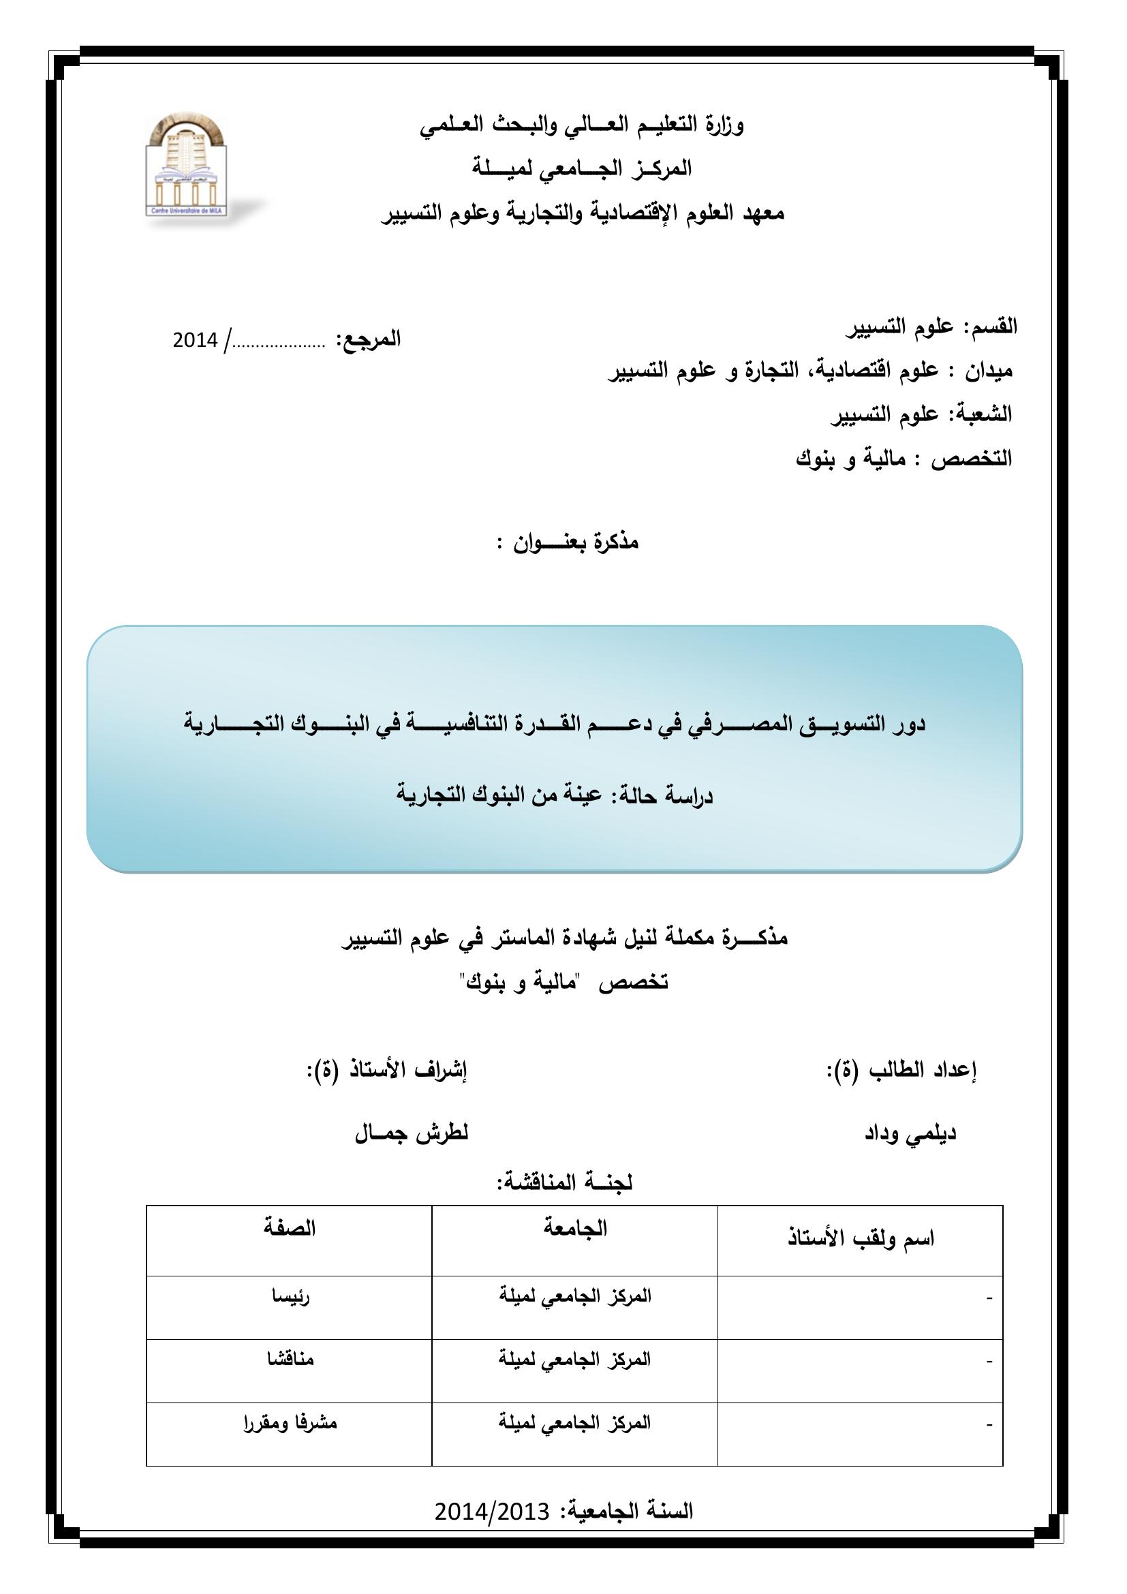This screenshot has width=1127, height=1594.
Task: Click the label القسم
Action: point(994,326)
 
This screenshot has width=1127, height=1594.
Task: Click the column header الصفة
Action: point(290,1228)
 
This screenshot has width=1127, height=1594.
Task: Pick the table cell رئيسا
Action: point(291,1297)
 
